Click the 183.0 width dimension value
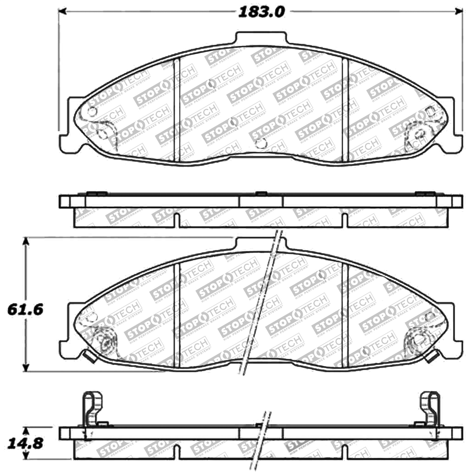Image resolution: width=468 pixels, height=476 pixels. (261, 12)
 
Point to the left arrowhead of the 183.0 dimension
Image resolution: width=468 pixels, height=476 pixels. (63, 12)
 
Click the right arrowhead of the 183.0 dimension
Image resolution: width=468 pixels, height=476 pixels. (459, 12)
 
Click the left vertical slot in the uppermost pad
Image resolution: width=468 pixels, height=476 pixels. (177, 108)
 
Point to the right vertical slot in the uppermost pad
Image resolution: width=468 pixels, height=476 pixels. (345, 108)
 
